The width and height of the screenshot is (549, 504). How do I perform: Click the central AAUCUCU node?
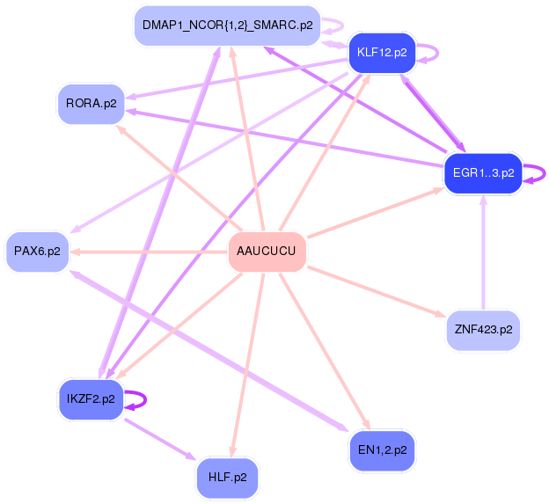(x=267, y=252)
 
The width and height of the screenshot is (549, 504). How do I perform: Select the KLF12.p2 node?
(x=381, y=53)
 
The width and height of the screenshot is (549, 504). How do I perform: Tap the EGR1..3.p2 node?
(x=482, y=172)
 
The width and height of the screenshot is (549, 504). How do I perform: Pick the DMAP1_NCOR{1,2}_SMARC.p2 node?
(x=227, y=26)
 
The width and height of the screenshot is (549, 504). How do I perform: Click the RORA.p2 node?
(x=91, y=103)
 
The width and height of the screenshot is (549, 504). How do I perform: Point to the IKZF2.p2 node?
(x=91, y=399)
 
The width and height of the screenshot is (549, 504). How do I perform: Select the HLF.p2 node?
(x=227, y=478)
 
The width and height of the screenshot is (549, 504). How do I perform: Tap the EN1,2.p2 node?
(x=382, y=450)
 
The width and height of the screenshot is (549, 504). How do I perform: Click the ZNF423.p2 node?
(x=483, y=331)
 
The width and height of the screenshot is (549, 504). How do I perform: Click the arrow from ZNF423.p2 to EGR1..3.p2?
(x=482, y=255)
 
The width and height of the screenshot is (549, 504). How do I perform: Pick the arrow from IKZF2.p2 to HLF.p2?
(x=159, y=439)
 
